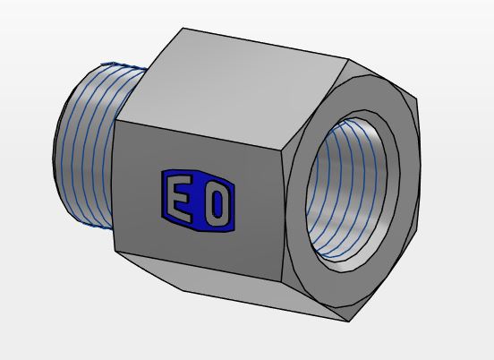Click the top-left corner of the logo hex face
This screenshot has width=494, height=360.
pos(115,121)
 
